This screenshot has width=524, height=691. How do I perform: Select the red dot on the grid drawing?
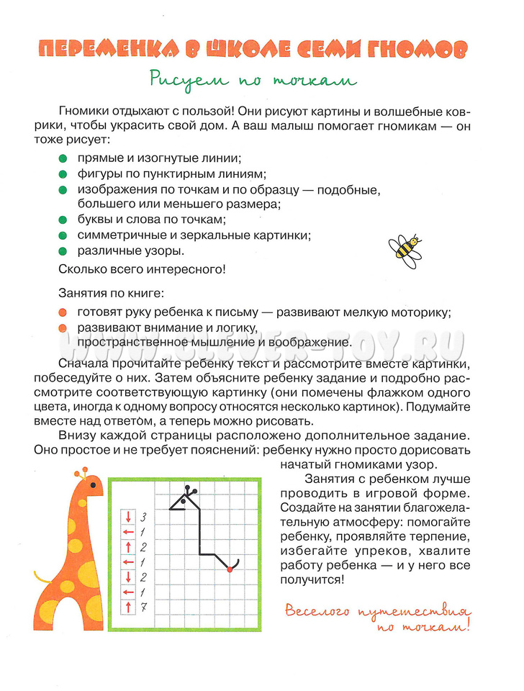pyautogui.click(x=230, y=569)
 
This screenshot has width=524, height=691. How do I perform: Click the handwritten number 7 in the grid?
pyautogui.click(x=143, y=607)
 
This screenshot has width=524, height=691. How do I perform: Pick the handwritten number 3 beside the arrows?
pyautogui.click(x=143, y=516)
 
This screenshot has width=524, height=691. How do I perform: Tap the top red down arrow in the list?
pyautogui.click(x=128, y=516)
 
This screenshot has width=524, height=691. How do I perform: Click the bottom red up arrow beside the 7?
pyautogui.click(x=128, y=607)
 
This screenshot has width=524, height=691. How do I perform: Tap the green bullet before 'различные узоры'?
pyautogui.click(x=63, y=251)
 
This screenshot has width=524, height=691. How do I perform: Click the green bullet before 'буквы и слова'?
pyautogui.click(x=63, y=220)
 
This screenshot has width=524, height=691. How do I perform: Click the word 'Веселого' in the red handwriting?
pyautogui.click(x=315, y=613)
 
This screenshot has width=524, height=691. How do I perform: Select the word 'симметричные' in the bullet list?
pyautogui.click(x=121, y=235)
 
